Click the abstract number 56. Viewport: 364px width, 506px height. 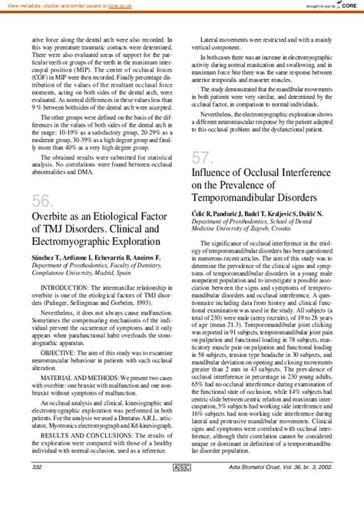pyautogui.click(x=43, y=200)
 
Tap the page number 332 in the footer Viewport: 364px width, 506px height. pyautogui.click(x=36, y=488)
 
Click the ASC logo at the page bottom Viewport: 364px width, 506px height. pyautogui.click(x=182, y=488)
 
